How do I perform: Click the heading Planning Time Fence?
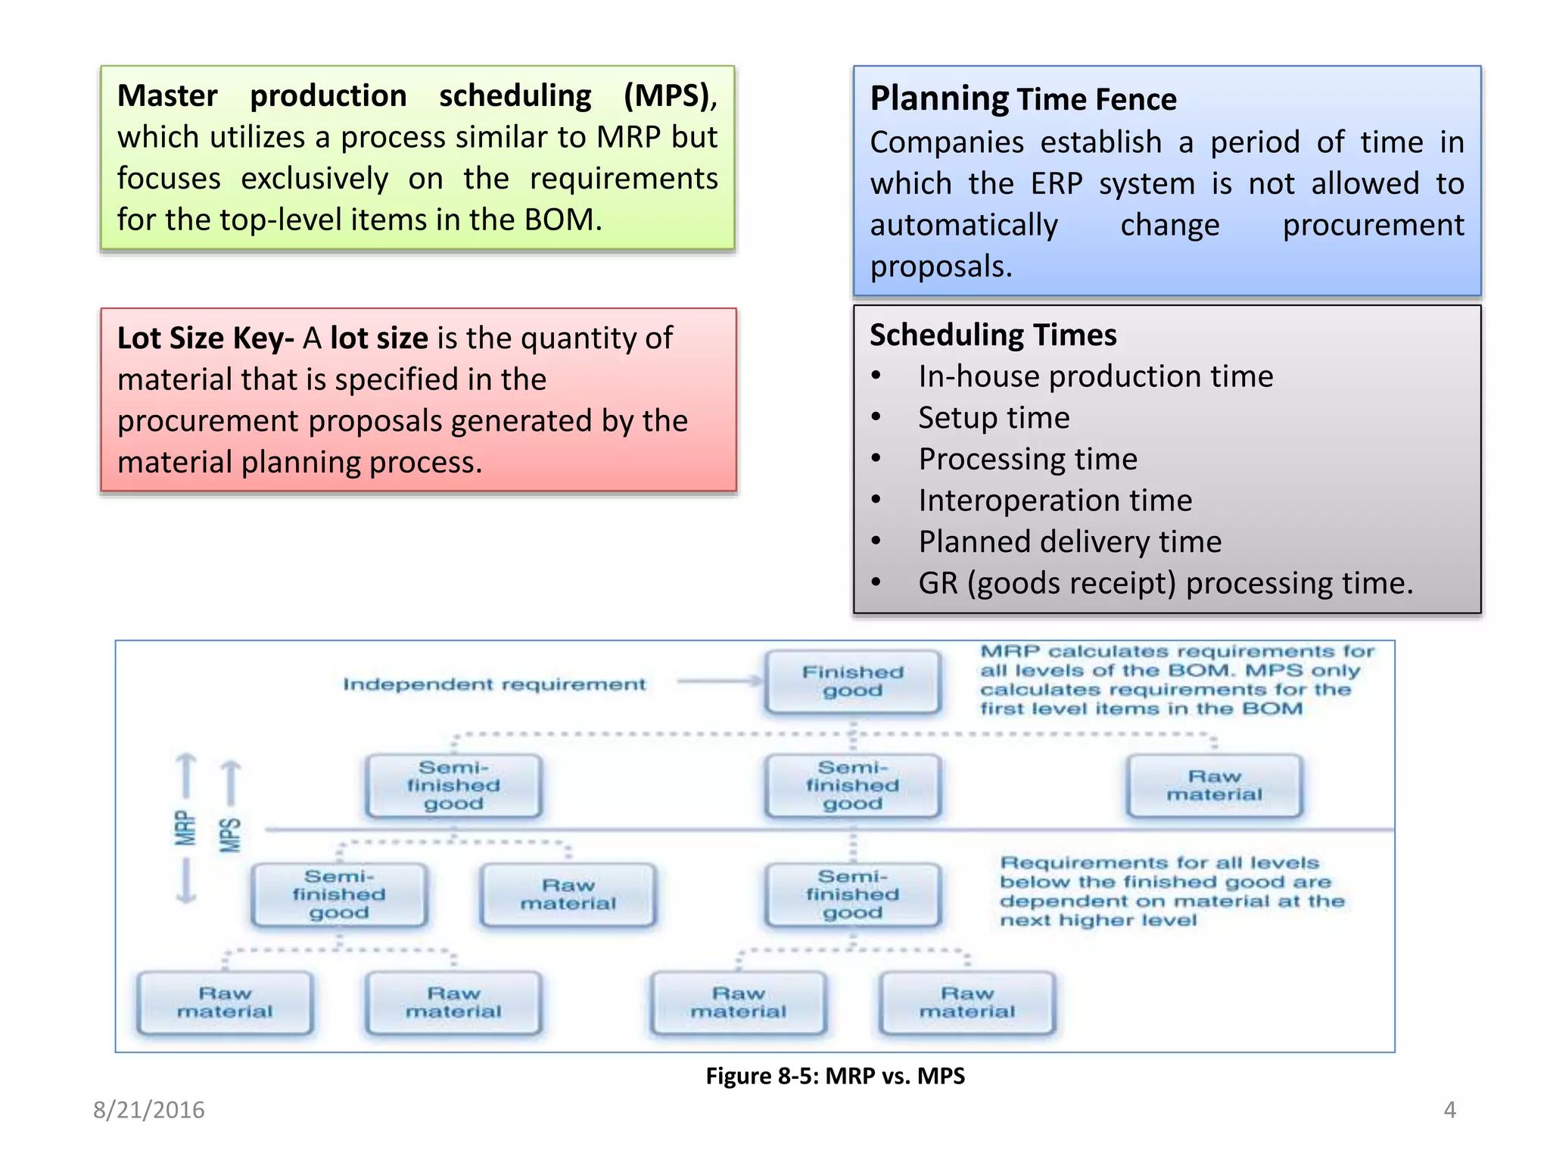pos(1022,99)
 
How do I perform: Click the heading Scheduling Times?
pos(992,335)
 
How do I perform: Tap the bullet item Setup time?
pos(994,418)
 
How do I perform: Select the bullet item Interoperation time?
pos(1055,500)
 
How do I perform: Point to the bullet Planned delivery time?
pos(1069,542)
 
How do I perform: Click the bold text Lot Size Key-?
pos(205,338)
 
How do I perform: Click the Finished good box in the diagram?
pos(853,681)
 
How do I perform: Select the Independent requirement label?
pos(494,684)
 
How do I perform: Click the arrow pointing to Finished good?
pos(719,681)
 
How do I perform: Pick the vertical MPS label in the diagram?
pos(230,834)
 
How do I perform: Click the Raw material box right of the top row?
pos(1214,786)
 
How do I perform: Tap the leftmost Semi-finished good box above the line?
pos(453,786)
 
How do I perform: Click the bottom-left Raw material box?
pos(225,1002)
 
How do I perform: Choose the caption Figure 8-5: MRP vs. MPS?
pos(835,1076)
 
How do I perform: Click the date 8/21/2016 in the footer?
pos(149,1110)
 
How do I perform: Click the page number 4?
pos(1449,1110)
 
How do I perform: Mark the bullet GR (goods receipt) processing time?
pos(1165,584)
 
